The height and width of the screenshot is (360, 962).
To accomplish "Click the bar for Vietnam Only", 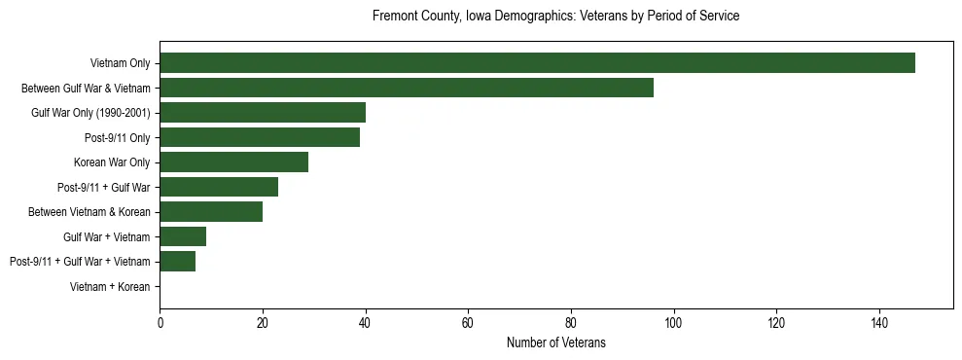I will coord(537,63).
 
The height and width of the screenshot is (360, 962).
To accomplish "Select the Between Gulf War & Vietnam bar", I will coord(407,88).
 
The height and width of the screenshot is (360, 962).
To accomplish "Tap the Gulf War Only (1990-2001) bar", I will coord(263,113).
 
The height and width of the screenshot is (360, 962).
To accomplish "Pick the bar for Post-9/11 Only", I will coord(260,137).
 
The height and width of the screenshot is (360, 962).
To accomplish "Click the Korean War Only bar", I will coord(234,162).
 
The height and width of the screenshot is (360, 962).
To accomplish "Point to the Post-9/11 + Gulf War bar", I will coord(219,187).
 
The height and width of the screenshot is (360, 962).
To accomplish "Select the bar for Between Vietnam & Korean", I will coord(211,211).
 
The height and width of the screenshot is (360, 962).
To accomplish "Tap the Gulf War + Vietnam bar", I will coord(183,236).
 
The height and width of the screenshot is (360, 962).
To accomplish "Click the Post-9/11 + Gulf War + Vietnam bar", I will coord(178,261).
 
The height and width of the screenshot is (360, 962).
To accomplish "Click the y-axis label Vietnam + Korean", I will coord(110,286).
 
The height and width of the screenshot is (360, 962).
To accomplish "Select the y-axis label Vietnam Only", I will coord(120,63).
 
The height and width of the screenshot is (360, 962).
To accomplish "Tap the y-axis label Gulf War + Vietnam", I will coord(107,236).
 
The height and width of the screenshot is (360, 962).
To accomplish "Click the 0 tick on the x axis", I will coord(160,322).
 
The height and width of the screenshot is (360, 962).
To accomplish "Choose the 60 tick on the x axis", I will coord(468,322).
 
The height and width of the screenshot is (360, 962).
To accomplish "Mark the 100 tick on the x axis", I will coord(673,322).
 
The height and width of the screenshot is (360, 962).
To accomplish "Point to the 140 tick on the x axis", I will coord(879,322).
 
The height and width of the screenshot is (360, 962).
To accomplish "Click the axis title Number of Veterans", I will coord(555,342).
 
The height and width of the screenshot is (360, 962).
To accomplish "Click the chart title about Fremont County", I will coord(555,17).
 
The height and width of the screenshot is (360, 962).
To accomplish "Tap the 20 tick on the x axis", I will coord(263,322).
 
